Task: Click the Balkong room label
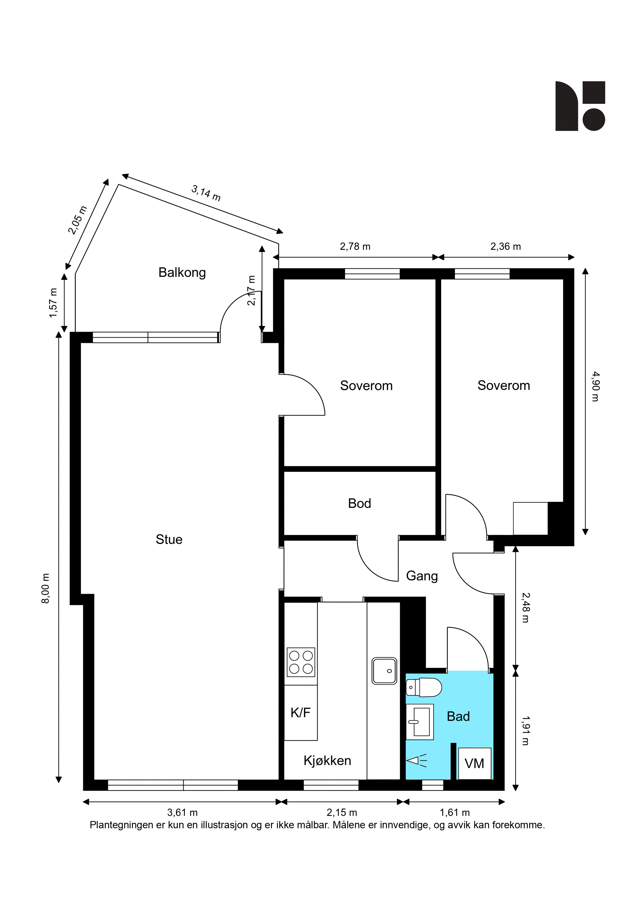182,273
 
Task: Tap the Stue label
169,540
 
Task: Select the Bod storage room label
360,504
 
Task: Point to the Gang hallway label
422,576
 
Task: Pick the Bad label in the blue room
458,716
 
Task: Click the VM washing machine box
474,763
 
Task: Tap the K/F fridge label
300,713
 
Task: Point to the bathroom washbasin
419,722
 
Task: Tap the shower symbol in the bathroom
417,760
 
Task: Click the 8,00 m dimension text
46,588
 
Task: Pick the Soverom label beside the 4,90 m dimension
503,386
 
